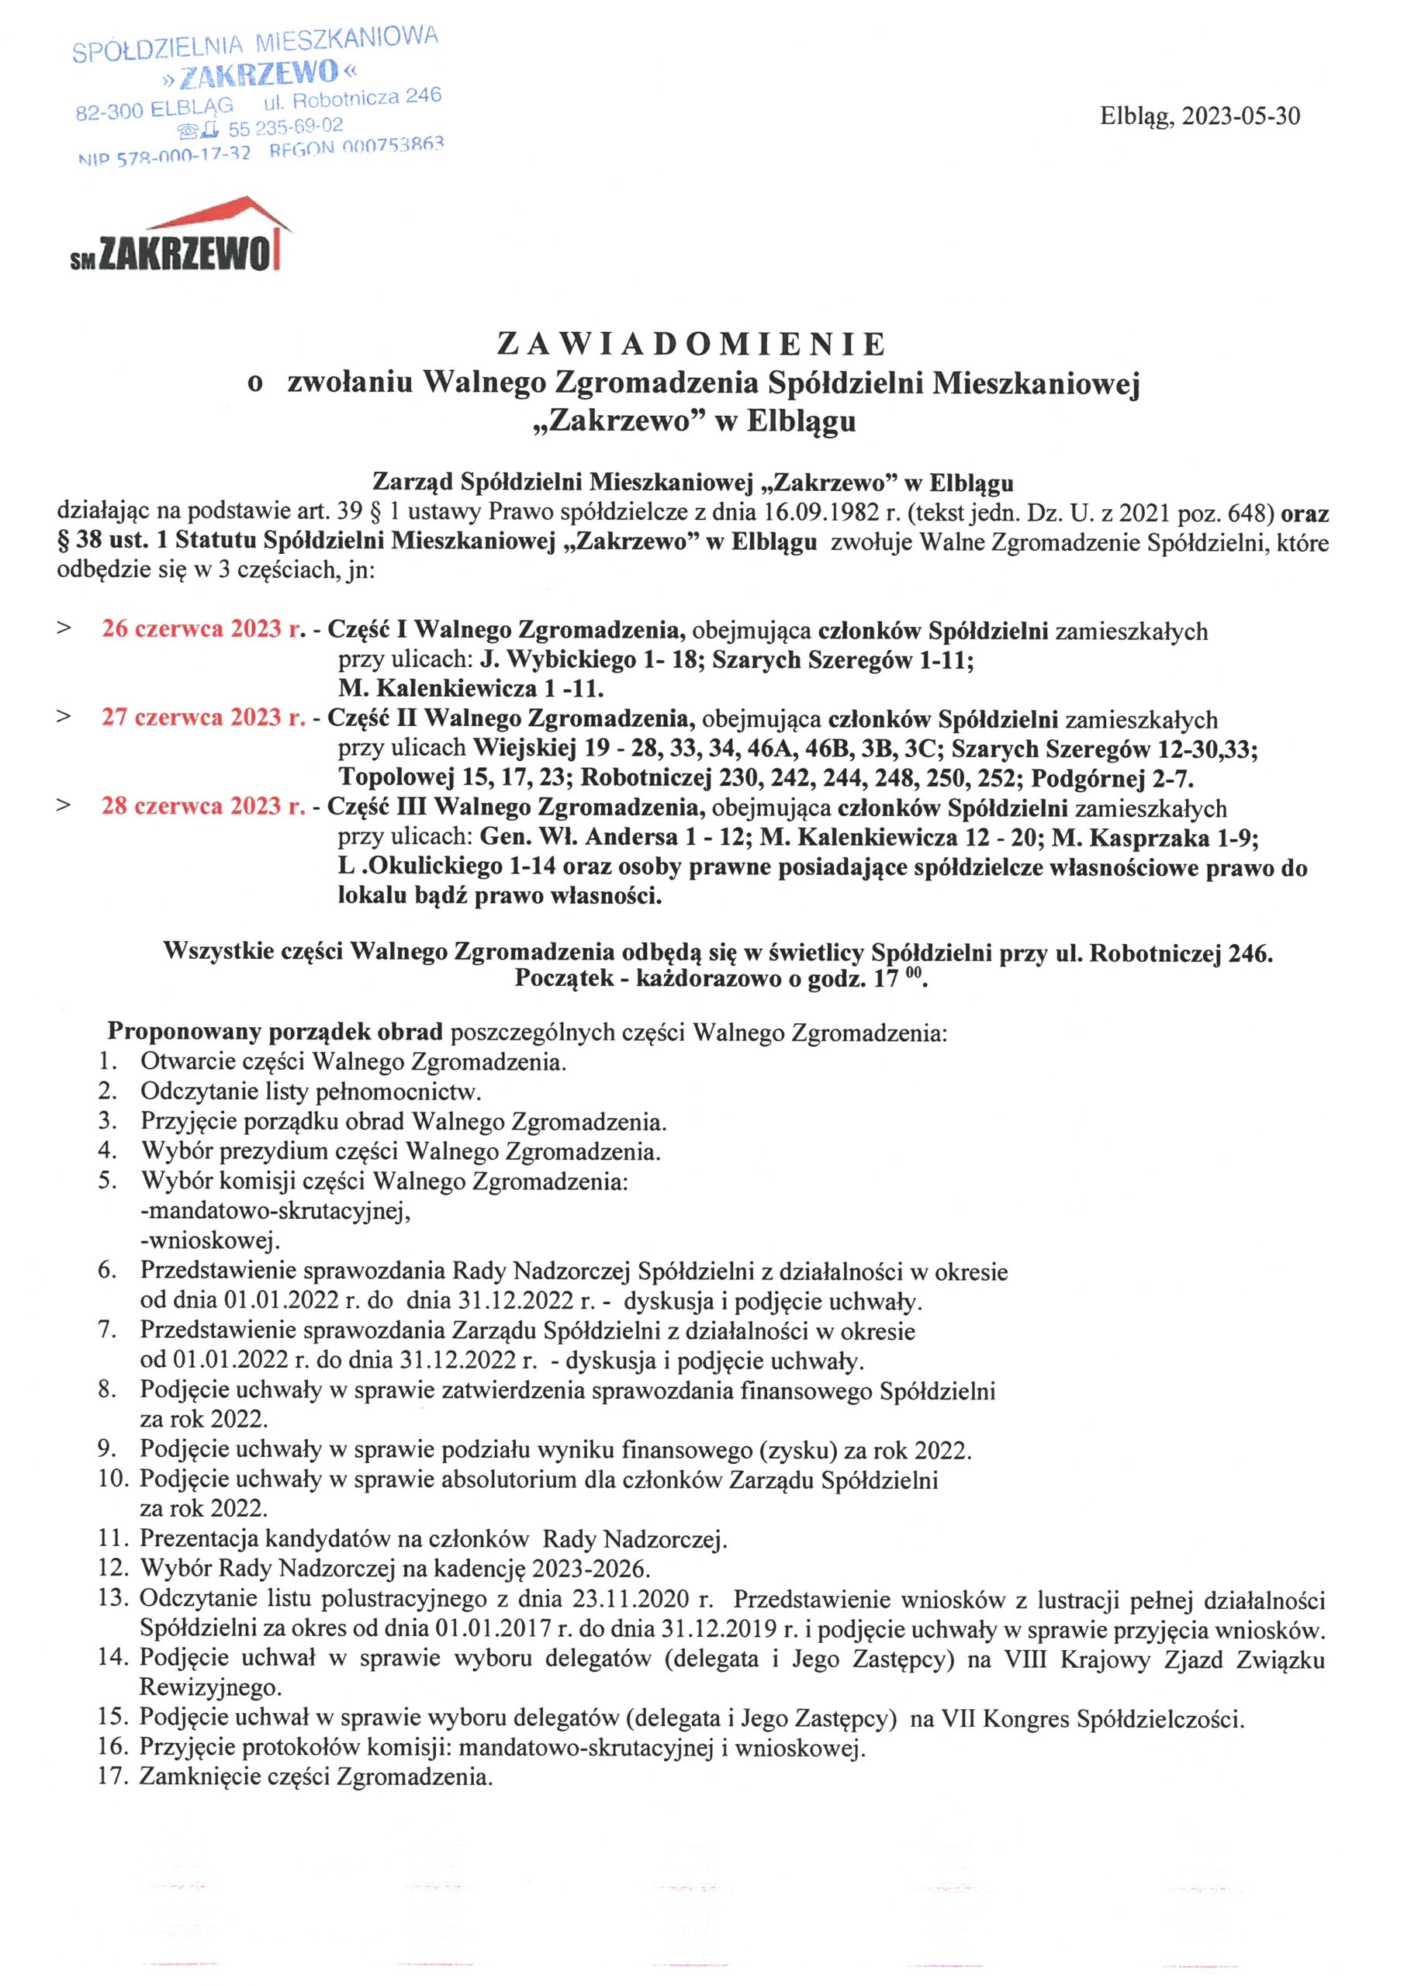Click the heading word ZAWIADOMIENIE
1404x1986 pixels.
[x=692, y=344]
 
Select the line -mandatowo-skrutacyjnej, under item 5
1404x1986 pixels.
[x=275, y=1210]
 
